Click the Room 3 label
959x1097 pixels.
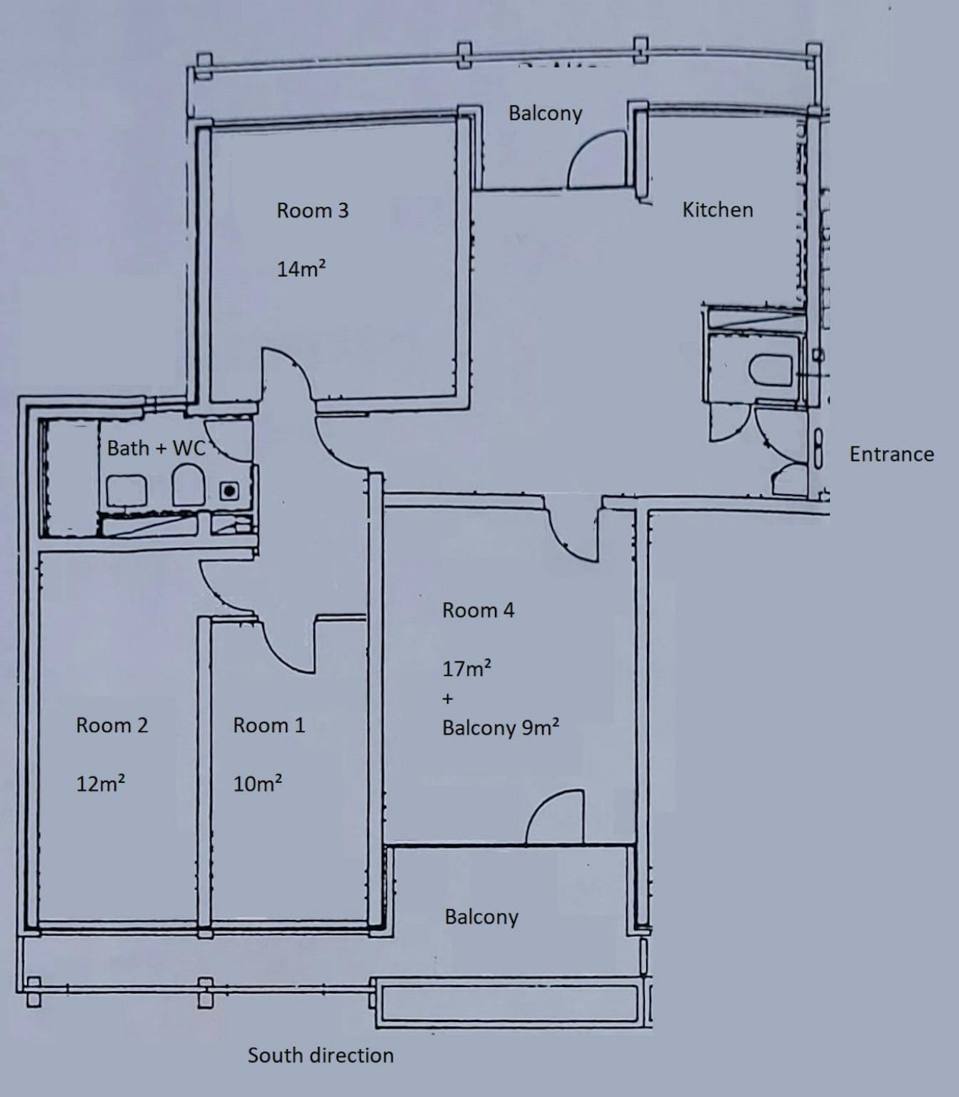tap(312, 211)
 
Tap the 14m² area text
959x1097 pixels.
tap(301, 269)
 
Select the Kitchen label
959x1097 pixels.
tap(717, 210)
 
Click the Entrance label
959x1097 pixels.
tap(891, 454)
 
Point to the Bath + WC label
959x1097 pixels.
tap(156, 448)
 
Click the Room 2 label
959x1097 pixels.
tap(111, 726)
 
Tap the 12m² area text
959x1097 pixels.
tap(101, 783)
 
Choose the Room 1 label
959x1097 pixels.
tap(268, 726)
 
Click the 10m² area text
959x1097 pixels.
tap(257, 783)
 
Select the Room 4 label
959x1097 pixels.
tap(478, 611)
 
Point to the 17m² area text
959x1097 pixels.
tap(466, 668)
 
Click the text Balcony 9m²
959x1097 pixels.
tap(500, 728)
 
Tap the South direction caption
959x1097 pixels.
tap(320, 1056)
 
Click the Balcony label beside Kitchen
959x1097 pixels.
tap(545, 114)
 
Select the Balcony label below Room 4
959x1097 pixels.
tap(481, 917)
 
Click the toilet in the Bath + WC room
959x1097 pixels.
tap(189, 486)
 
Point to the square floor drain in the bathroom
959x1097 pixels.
tap(229, 491)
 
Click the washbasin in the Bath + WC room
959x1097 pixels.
tap(126, 491)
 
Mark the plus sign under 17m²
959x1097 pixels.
tap(448, 698)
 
